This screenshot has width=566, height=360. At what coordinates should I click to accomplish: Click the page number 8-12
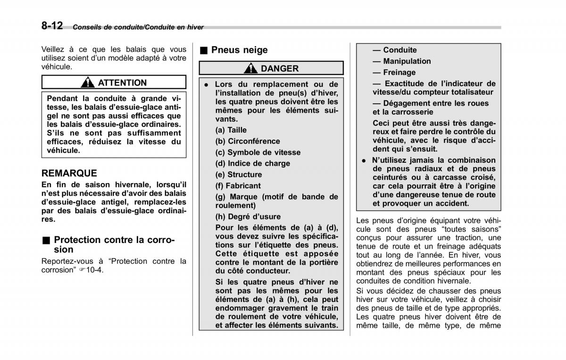coord(51,26)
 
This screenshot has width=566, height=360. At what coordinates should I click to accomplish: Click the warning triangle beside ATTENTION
coord(87,83)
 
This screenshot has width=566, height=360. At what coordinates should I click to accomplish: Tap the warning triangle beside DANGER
coord(250,68)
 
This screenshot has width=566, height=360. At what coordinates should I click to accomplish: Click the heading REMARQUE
coord(69,174)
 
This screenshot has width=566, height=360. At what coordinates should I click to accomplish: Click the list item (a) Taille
coord(231,130)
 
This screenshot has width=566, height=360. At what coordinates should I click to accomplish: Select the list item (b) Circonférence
coord(248,141)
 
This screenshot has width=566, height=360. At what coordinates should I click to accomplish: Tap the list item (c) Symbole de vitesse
coord(258,152)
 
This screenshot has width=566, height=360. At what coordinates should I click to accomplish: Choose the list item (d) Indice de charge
coord(252,163)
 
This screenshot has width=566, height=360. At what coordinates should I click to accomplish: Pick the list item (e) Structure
coord(239,175)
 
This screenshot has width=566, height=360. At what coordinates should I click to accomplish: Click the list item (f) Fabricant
coord(238,186)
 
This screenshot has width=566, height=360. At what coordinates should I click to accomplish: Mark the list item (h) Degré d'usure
coord(248,217)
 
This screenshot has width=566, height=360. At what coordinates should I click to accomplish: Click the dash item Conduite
coord(395,50)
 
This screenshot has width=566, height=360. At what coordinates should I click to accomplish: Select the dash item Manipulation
coord(401,61)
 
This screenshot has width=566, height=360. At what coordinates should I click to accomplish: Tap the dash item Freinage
coord(394,73)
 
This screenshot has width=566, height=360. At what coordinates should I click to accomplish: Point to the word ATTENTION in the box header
coord(122,83)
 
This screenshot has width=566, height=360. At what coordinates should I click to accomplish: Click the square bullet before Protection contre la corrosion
coord(45,240)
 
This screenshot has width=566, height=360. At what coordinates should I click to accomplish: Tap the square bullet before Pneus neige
coord(203,50)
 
